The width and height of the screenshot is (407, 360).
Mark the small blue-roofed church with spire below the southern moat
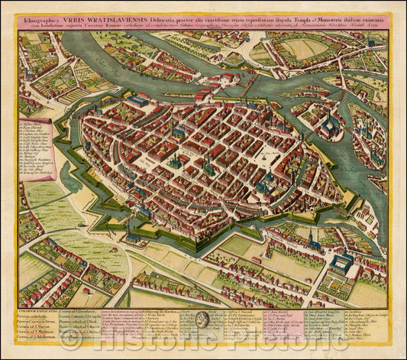pyautogui.click(x=314, y=245)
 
